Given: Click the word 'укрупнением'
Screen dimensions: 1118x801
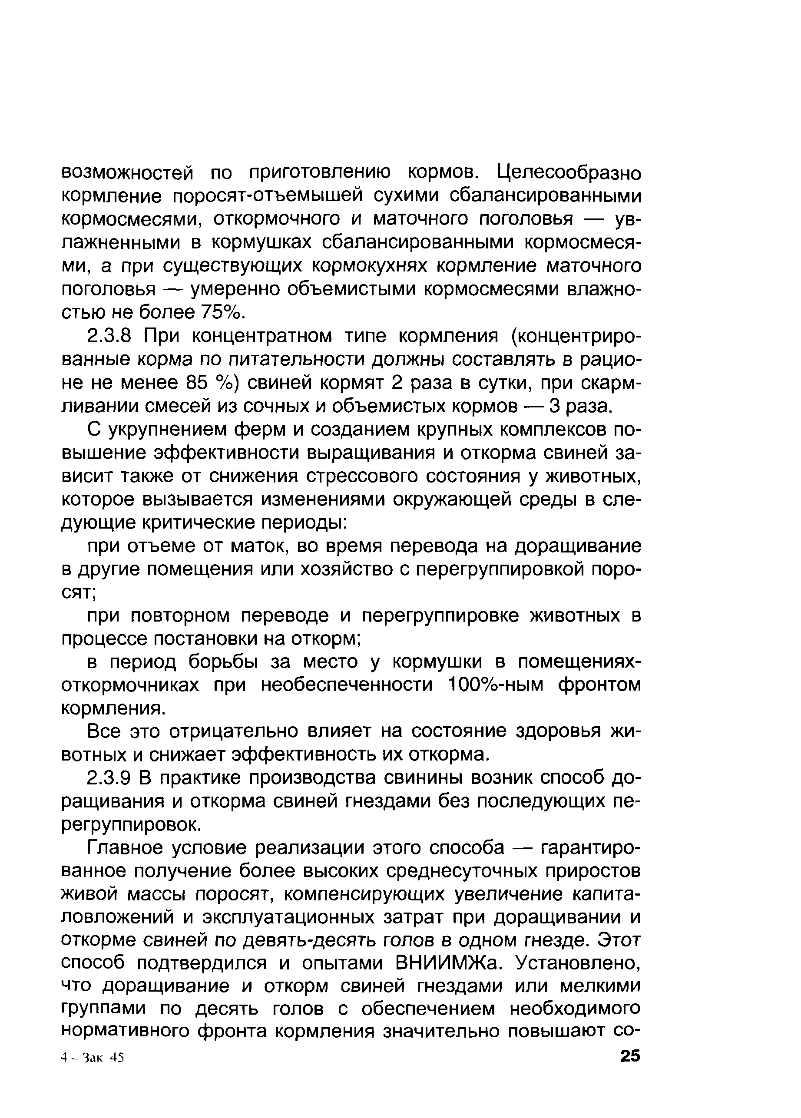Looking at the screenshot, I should [x=165, y=430].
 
